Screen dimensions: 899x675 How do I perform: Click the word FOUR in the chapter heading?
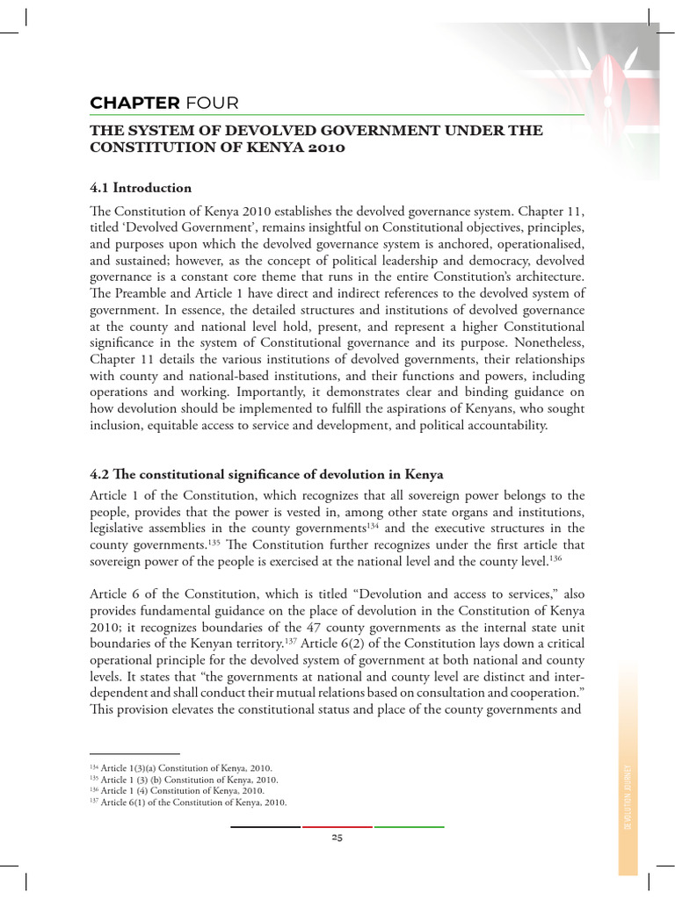[x=207, y=104]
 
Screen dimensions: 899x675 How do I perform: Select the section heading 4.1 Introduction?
[x=141, y=188]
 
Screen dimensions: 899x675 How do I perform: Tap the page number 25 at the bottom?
[x=337, y=838]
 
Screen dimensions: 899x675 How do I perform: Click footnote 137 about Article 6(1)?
[x=188, y=802]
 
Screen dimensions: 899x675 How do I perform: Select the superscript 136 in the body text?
[x=555, y=558]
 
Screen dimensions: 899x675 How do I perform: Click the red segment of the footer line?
[x=337, y=826]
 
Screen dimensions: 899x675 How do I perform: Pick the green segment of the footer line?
[x=409, y=826]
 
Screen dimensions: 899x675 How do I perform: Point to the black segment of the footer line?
[x=265, y=826]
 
